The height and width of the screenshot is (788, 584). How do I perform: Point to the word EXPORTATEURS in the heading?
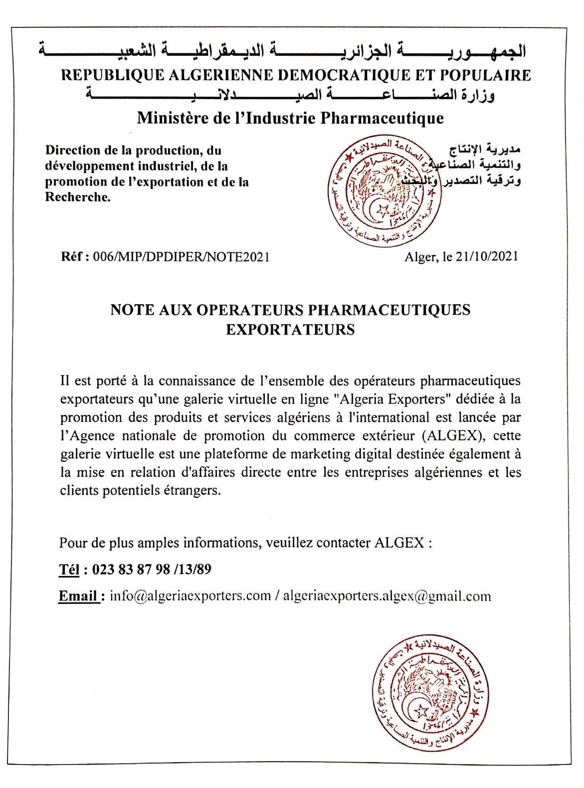[290, 330]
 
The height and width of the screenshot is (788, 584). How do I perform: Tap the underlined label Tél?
[69, 569]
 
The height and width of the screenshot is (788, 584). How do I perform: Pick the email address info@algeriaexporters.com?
[190, 596]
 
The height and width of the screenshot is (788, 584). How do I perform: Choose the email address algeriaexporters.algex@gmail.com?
[387, 596]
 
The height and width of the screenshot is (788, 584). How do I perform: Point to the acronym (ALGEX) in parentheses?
[453, 435]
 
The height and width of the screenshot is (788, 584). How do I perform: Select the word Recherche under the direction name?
[78, 197]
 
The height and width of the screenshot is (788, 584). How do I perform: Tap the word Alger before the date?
[418, 256]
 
